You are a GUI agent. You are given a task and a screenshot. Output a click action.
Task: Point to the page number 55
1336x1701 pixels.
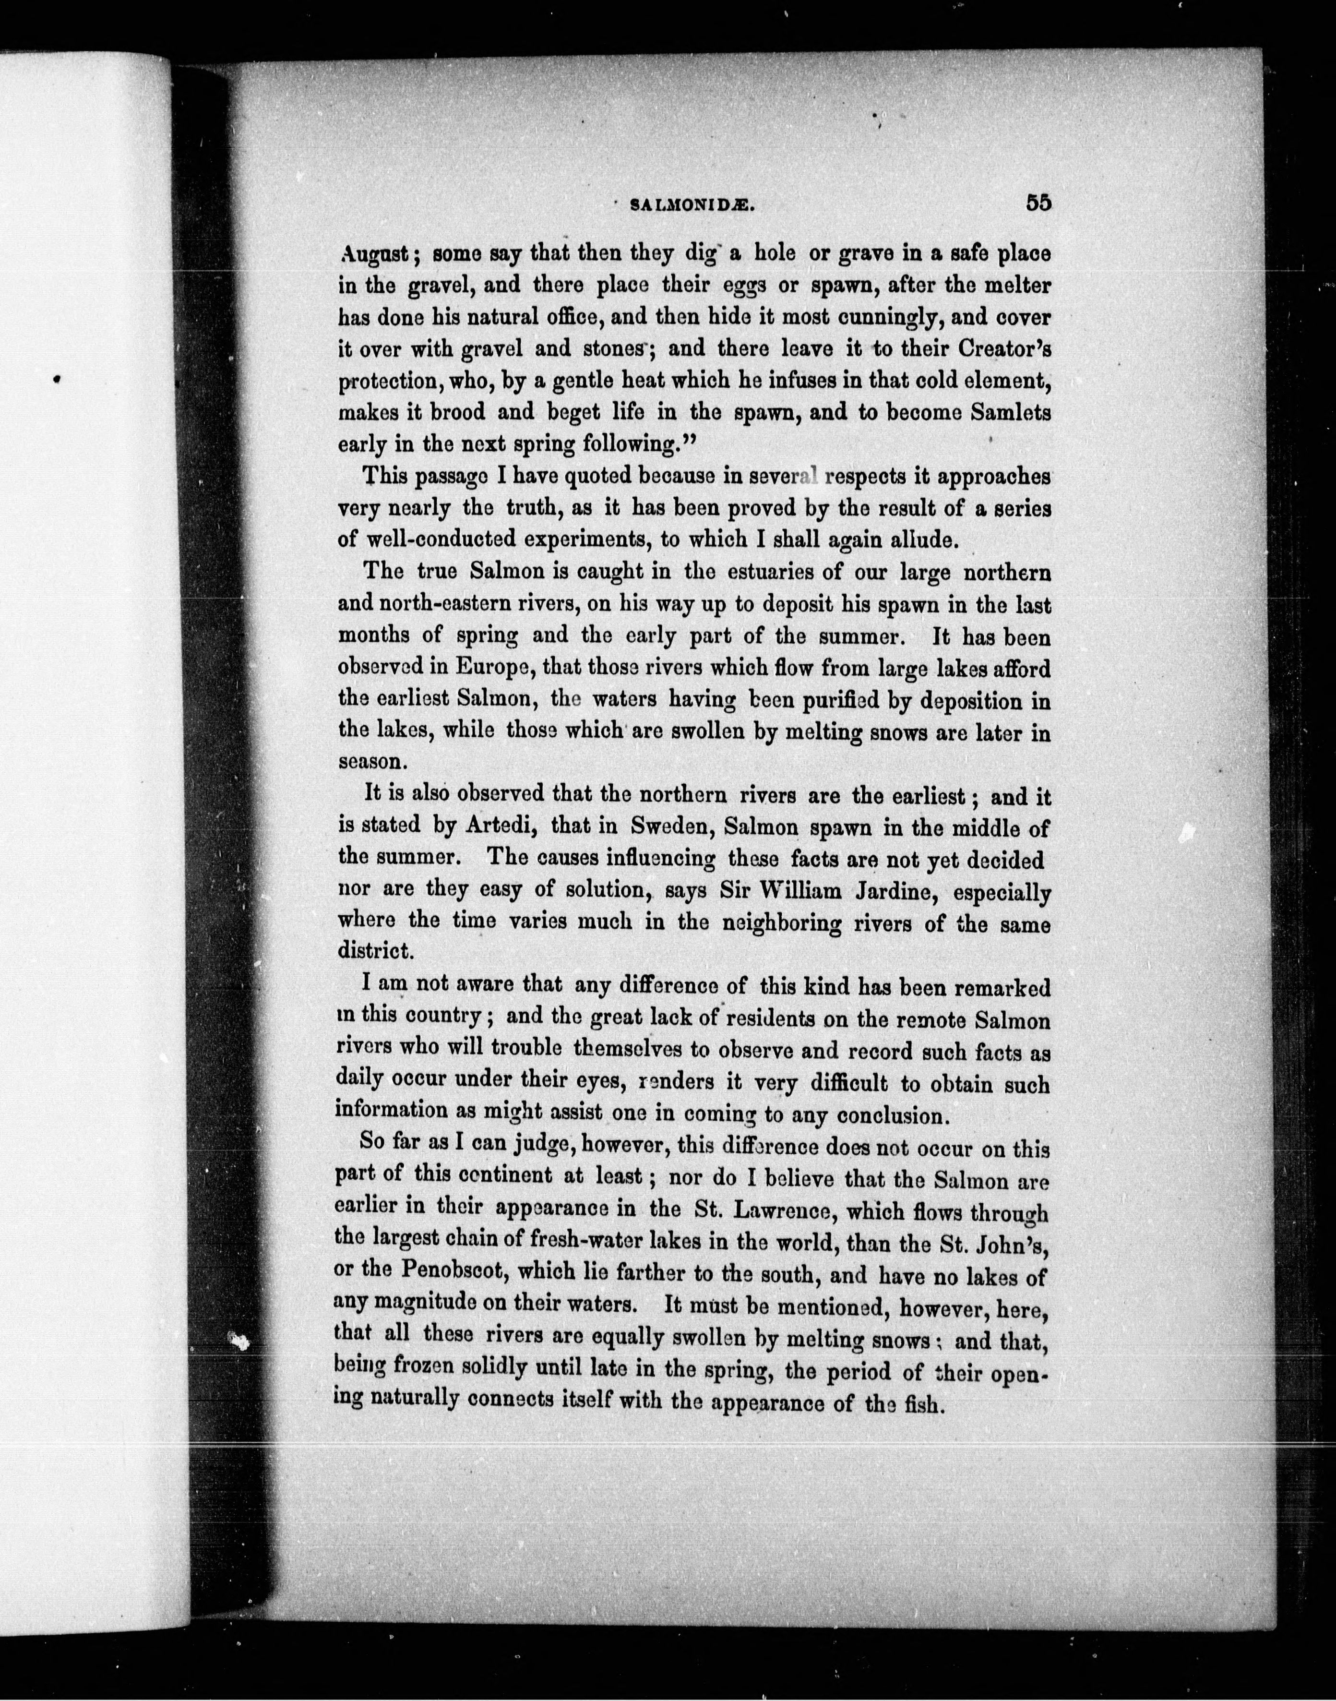tap(1039, 202)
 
